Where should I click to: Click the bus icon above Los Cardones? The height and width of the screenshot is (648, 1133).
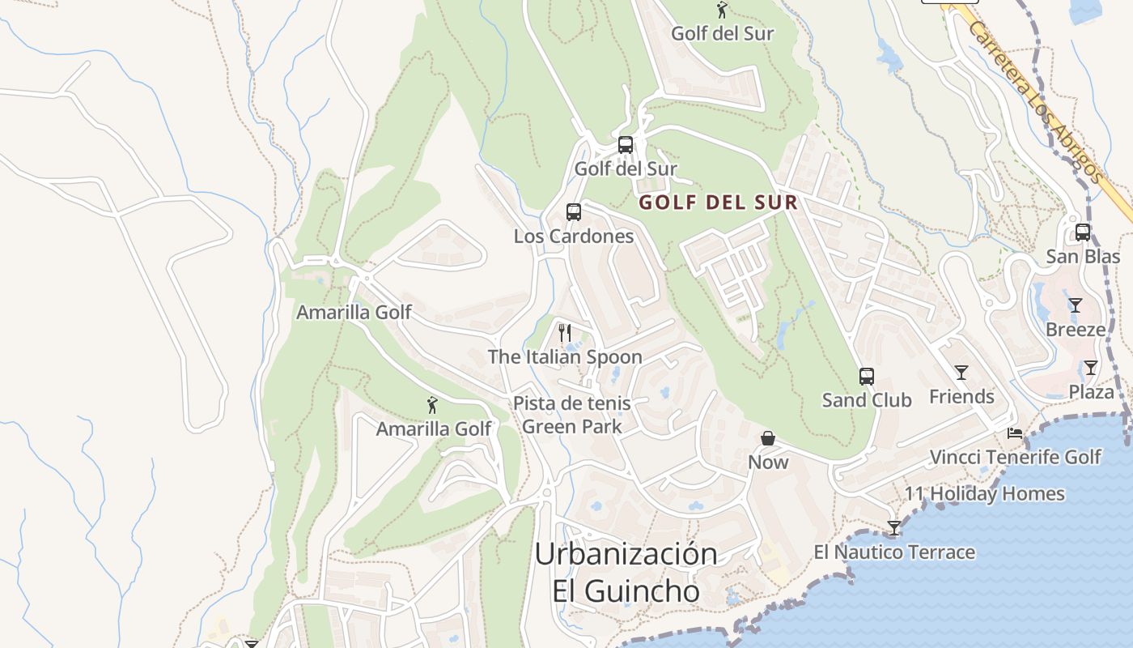(574, 212)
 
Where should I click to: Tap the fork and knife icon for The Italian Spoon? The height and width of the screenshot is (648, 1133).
(565, 332)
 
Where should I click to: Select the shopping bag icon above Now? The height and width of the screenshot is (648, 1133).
(768, 438)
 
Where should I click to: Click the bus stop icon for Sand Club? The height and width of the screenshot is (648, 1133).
(867, 377)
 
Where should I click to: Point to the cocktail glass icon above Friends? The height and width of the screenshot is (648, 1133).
(961, 373)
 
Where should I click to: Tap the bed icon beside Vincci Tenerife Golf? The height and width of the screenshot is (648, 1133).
(1015, 433)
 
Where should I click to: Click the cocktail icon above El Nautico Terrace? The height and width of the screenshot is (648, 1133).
(894, 528)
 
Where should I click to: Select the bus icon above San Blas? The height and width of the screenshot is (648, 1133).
(1083, 232)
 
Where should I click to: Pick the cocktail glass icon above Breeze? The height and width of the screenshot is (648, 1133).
(1075, 305)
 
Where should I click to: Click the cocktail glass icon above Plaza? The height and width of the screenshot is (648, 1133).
(1091, 368)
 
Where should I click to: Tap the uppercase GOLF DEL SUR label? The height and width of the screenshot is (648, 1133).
(719, 202)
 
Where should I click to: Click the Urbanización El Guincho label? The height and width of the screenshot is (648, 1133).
(626, 573)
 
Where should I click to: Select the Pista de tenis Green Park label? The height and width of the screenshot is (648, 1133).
(571, 415)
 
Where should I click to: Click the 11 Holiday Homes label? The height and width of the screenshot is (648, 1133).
(984, 493)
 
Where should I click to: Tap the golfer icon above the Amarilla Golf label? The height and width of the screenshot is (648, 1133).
(433, 405)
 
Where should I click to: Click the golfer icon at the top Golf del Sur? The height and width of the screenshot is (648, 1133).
(722, 11)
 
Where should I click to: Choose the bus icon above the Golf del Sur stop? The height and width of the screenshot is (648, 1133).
(626, 145)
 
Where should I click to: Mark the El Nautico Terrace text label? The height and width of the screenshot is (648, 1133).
(894, 552)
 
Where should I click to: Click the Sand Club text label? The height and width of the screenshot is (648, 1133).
(867, 400)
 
